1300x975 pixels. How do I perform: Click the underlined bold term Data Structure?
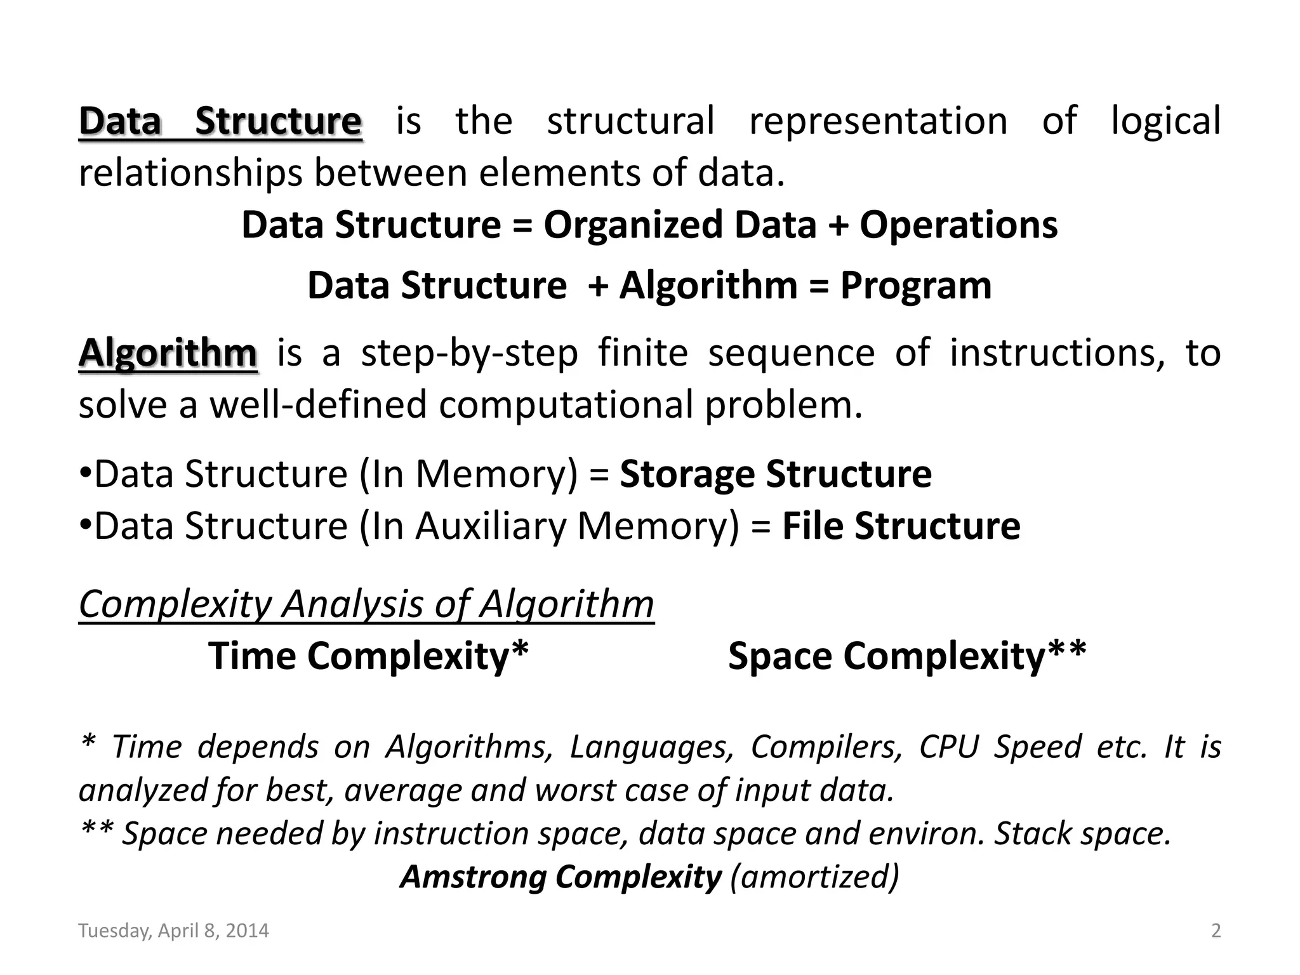pos(220,121)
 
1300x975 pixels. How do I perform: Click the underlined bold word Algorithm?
pos(168,353)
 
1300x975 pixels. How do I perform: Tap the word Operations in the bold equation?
pos(958,225)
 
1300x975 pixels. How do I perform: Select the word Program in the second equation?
pos(915,286)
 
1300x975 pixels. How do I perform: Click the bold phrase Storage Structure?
pos(776,474)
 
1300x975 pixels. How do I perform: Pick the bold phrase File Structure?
pos(901,526)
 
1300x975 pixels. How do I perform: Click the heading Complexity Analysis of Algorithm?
pos(366,604)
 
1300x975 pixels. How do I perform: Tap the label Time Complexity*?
pos(368,656)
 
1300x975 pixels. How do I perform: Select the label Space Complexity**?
pos(907,656)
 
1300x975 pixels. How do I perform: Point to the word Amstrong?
pos(474,877)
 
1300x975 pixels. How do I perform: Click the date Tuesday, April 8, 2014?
pos(173,931)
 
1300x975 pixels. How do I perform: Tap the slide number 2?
pos(1216,931)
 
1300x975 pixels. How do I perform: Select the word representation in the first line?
pos(879,121)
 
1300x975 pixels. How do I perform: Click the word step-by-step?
pos(470,353)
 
